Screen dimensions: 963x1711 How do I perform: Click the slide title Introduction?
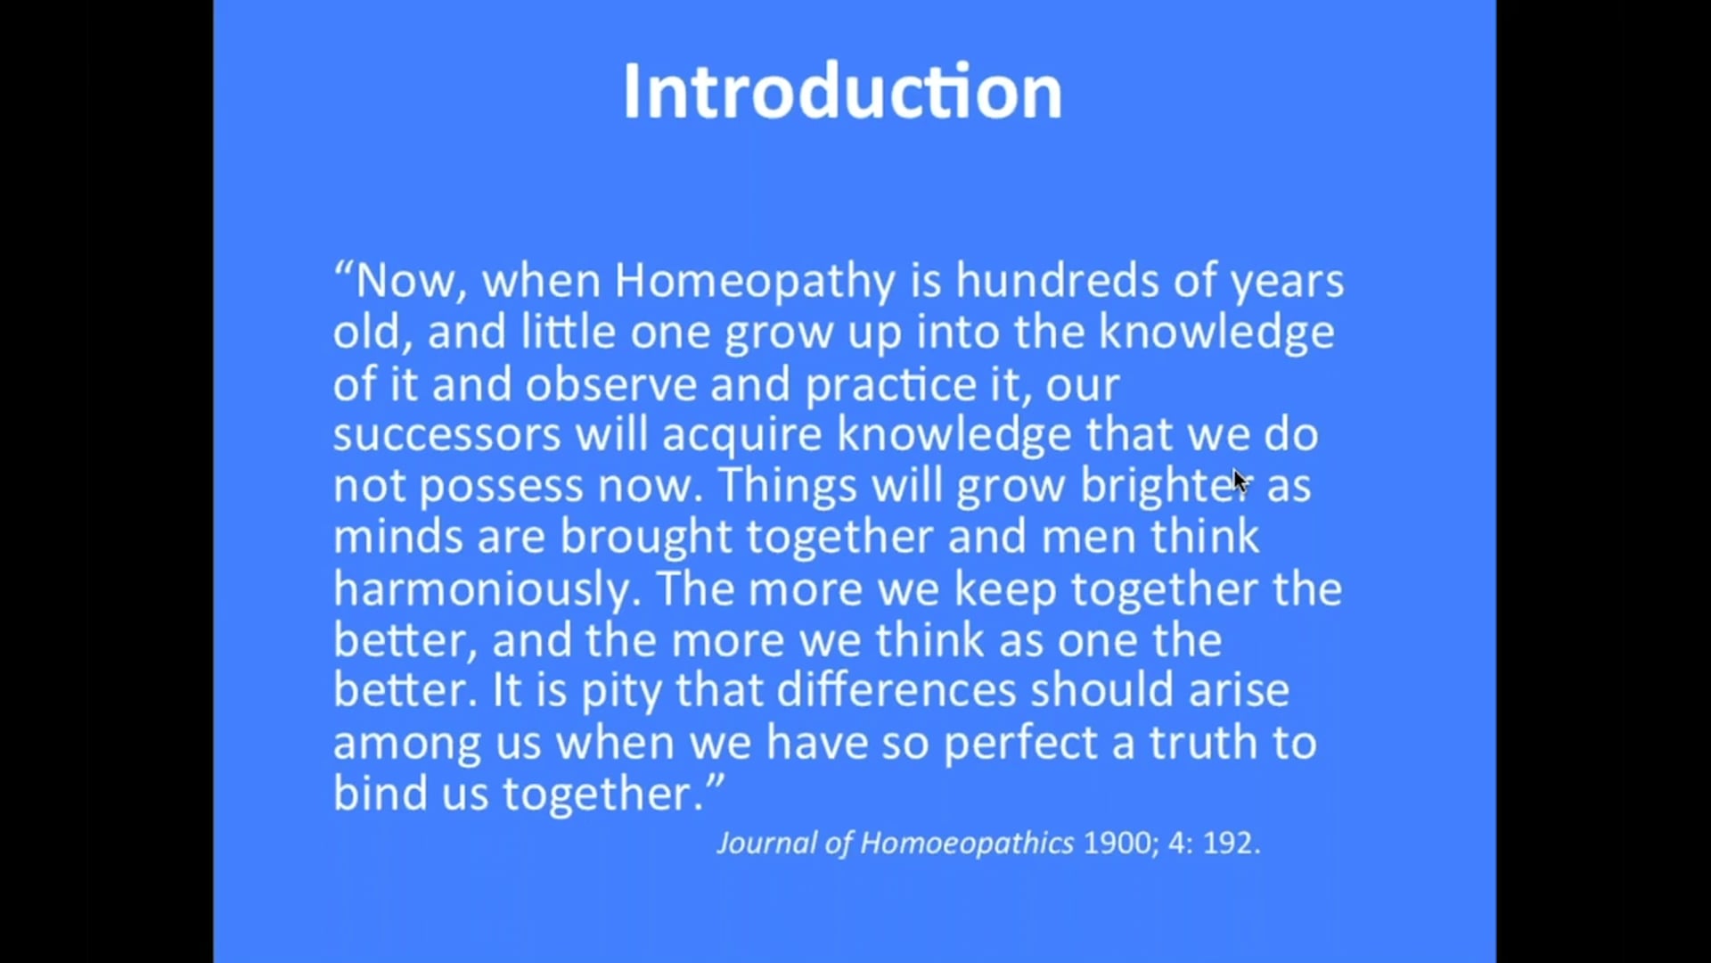point(842,91)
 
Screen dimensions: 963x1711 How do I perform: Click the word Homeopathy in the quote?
point(755,281)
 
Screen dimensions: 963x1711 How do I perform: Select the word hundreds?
point(1057,281)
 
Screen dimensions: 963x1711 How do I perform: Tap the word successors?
point(446,435)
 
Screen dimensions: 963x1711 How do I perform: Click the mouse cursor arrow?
point(1240,481)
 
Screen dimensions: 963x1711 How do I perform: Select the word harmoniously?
point(487,589)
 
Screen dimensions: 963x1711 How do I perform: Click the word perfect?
point(1020,744)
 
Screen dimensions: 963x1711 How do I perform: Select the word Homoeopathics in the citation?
point(967,844)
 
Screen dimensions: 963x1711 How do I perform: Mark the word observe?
point(610,384)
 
